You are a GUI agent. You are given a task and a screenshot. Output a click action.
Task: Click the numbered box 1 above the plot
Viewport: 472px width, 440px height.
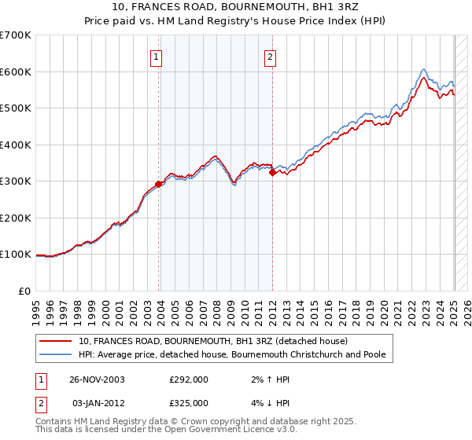(157, 57)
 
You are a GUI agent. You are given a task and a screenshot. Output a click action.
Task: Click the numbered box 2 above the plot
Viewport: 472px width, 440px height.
(270, 57)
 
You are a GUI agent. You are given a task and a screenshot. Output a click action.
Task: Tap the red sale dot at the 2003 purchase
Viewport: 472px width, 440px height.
(159, 185)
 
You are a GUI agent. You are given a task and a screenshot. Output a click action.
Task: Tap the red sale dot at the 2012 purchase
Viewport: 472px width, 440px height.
(272, 172)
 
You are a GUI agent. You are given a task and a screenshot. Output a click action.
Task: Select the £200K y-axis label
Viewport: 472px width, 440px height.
(17, 218)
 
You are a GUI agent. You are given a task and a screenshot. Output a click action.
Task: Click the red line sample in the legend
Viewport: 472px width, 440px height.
(56, 341)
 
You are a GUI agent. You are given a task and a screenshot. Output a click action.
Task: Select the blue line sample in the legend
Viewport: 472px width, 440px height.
(56, 354)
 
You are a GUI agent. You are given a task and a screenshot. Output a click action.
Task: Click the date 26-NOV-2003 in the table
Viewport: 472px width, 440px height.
(98, 379)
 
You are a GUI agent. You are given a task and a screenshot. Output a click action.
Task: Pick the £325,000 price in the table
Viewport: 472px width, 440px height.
(189, 402)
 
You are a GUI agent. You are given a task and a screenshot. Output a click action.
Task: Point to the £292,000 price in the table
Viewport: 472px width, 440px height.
(189, 379)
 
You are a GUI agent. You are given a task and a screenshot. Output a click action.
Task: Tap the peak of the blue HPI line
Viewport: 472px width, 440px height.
(424, 68)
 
